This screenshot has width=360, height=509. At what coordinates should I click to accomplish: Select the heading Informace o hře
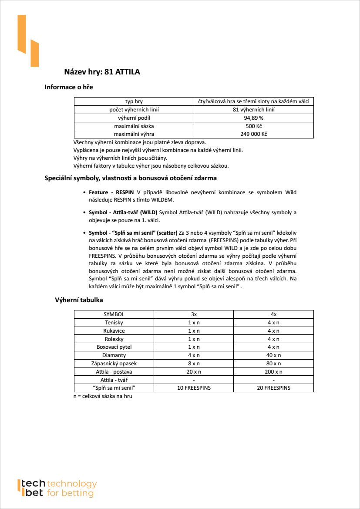[x=69, y=87]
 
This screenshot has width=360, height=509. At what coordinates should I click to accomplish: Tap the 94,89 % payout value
[x=253, y=118]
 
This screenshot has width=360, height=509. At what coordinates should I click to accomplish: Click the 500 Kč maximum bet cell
[x=253, y=126]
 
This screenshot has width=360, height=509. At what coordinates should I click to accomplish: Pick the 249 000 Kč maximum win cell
[x=253, y=134]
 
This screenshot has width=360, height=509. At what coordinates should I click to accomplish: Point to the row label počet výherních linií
[x=134, y=110]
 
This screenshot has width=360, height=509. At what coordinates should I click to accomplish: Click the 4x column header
[x=273, y=314]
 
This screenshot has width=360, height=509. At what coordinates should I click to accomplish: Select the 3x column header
[x=194, y=314]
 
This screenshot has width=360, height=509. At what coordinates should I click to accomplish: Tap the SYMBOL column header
[x=114, y=314]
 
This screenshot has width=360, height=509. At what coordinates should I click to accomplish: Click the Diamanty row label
[x=114, y=355]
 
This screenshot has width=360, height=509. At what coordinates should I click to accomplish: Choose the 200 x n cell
[x=273, y=372]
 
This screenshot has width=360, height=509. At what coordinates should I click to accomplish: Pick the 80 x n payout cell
[x=273, y=364]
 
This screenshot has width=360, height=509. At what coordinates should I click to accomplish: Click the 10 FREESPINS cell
[x=194, y=388]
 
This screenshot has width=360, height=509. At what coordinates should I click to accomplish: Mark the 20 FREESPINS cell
[x=273, y=388]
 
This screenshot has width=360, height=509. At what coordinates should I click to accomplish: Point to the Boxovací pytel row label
[x=114, y=347]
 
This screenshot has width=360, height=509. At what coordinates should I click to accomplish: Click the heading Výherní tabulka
[x=79, y=300]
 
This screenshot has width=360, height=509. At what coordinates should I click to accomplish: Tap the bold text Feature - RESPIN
[x=111, y=192]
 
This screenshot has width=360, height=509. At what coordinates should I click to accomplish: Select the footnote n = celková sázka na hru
[x=103, y=396]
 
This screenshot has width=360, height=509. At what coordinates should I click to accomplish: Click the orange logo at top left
[x=28, y=41]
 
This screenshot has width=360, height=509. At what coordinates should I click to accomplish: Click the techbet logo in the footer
[x=57, y=488]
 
